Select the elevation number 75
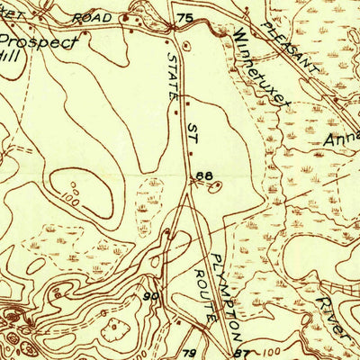click(x=185, y=18)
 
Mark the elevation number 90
click(x=150, y=296)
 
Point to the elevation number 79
click(x=190, y=352)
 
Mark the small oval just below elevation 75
click(x=186, y=43)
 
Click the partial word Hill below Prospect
click(x=9, y=55)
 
